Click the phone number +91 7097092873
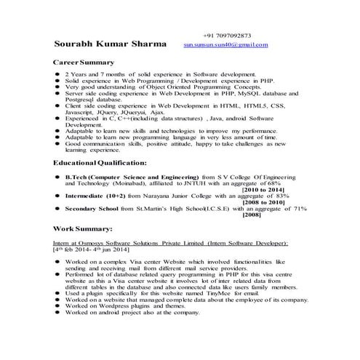227,35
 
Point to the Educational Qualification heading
100,163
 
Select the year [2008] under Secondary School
252,215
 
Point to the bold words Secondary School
91,209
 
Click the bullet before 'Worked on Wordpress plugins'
57,306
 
